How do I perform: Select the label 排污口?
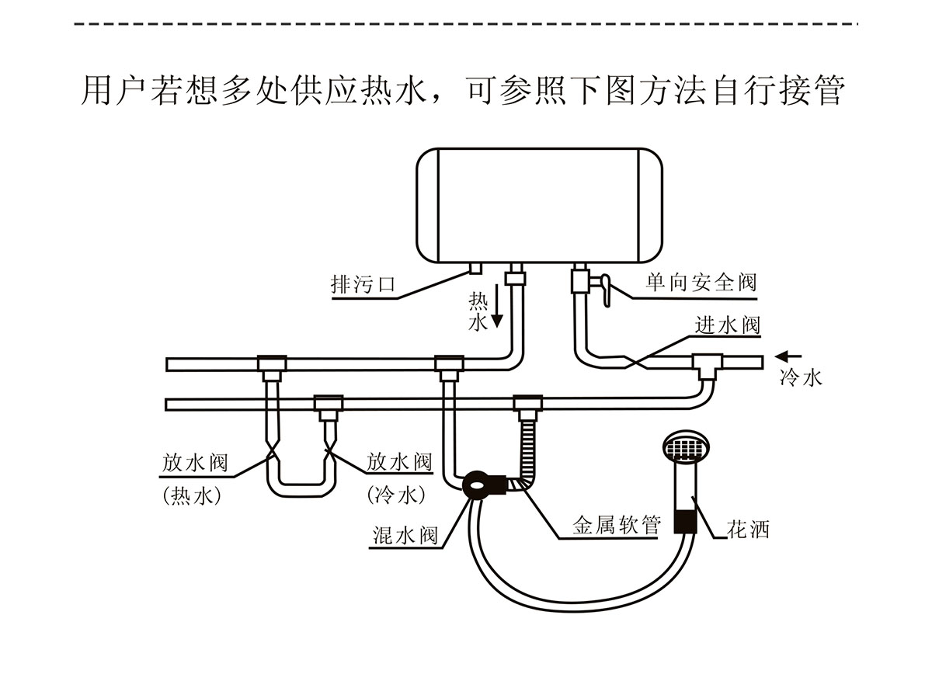point(363,285)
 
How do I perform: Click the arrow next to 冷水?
point(788,356)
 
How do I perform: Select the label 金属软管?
point(616,526)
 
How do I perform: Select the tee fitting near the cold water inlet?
point(708,362)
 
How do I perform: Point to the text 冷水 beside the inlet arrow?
point(801,378)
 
